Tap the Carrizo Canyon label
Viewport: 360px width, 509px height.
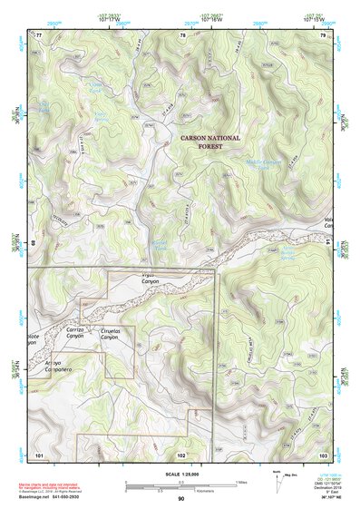click(75, 332)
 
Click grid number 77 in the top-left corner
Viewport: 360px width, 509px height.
click(38, 34)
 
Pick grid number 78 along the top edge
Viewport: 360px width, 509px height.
click(183, 34)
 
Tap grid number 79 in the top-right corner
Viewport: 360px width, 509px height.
click(323, 34)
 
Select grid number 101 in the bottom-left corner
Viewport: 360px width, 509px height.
click(39, 453)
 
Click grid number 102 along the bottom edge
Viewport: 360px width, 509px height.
click(181, 453)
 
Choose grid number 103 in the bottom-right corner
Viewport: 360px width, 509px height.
click(323, 453)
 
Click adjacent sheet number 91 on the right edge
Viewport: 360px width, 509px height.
click(327, 242)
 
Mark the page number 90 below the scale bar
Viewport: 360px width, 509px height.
click(181, 498)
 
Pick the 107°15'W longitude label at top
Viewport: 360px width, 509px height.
click(315, 17)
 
